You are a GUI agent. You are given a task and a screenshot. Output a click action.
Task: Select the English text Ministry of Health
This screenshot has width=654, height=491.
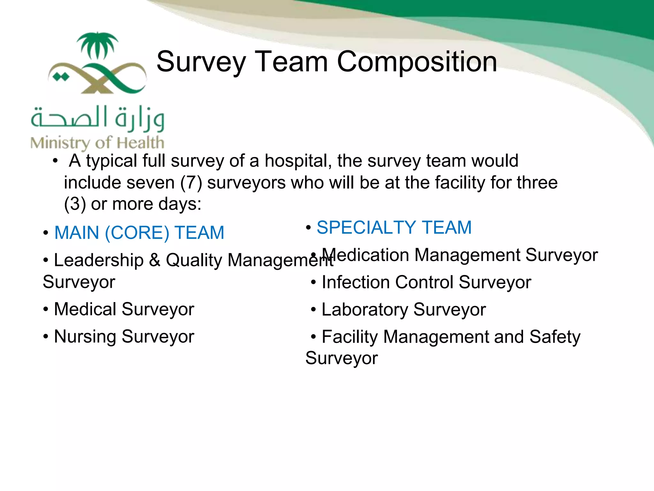pyautogui.click(x=97, y=143)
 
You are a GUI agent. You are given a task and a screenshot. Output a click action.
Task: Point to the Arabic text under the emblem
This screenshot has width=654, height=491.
pyautogui.click(x=97, y=118)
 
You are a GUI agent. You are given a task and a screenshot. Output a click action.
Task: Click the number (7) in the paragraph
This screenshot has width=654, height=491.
pyautogui.click(x=191, y=183)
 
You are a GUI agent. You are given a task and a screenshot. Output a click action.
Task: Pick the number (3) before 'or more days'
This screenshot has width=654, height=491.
pyautogui.click(x=75, y=204)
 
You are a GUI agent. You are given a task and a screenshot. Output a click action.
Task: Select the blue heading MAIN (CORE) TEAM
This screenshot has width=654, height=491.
pyautogui.click(x=139, y=233)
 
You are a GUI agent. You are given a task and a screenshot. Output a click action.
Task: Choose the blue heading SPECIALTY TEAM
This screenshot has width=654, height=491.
pyautogui.click(x=394, y=228)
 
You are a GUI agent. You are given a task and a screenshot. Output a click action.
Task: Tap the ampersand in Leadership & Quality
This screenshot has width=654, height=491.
pyautogui.click(x=155, y=260)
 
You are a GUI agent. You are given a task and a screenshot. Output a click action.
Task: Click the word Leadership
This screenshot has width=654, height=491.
pyautogui.click(x=99, y=260)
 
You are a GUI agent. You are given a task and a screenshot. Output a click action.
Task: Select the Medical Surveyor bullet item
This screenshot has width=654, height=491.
pyautogui.click(x=124, y=309)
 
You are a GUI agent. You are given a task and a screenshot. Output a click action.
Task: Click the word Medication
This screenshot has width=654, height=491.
pyautogui.click(x=365, y=255)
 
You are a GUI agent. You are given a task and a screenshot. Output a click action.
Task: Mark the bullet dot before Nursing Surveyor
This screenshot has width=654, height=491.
pyautogui.click(x=46, y=337)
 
